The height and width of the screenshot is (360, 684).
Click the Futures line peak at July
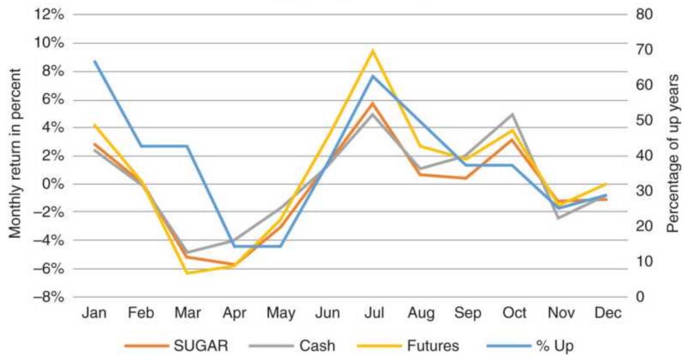(373, 50)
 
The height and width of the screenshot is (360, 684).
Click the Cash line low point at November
(559, 219)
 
